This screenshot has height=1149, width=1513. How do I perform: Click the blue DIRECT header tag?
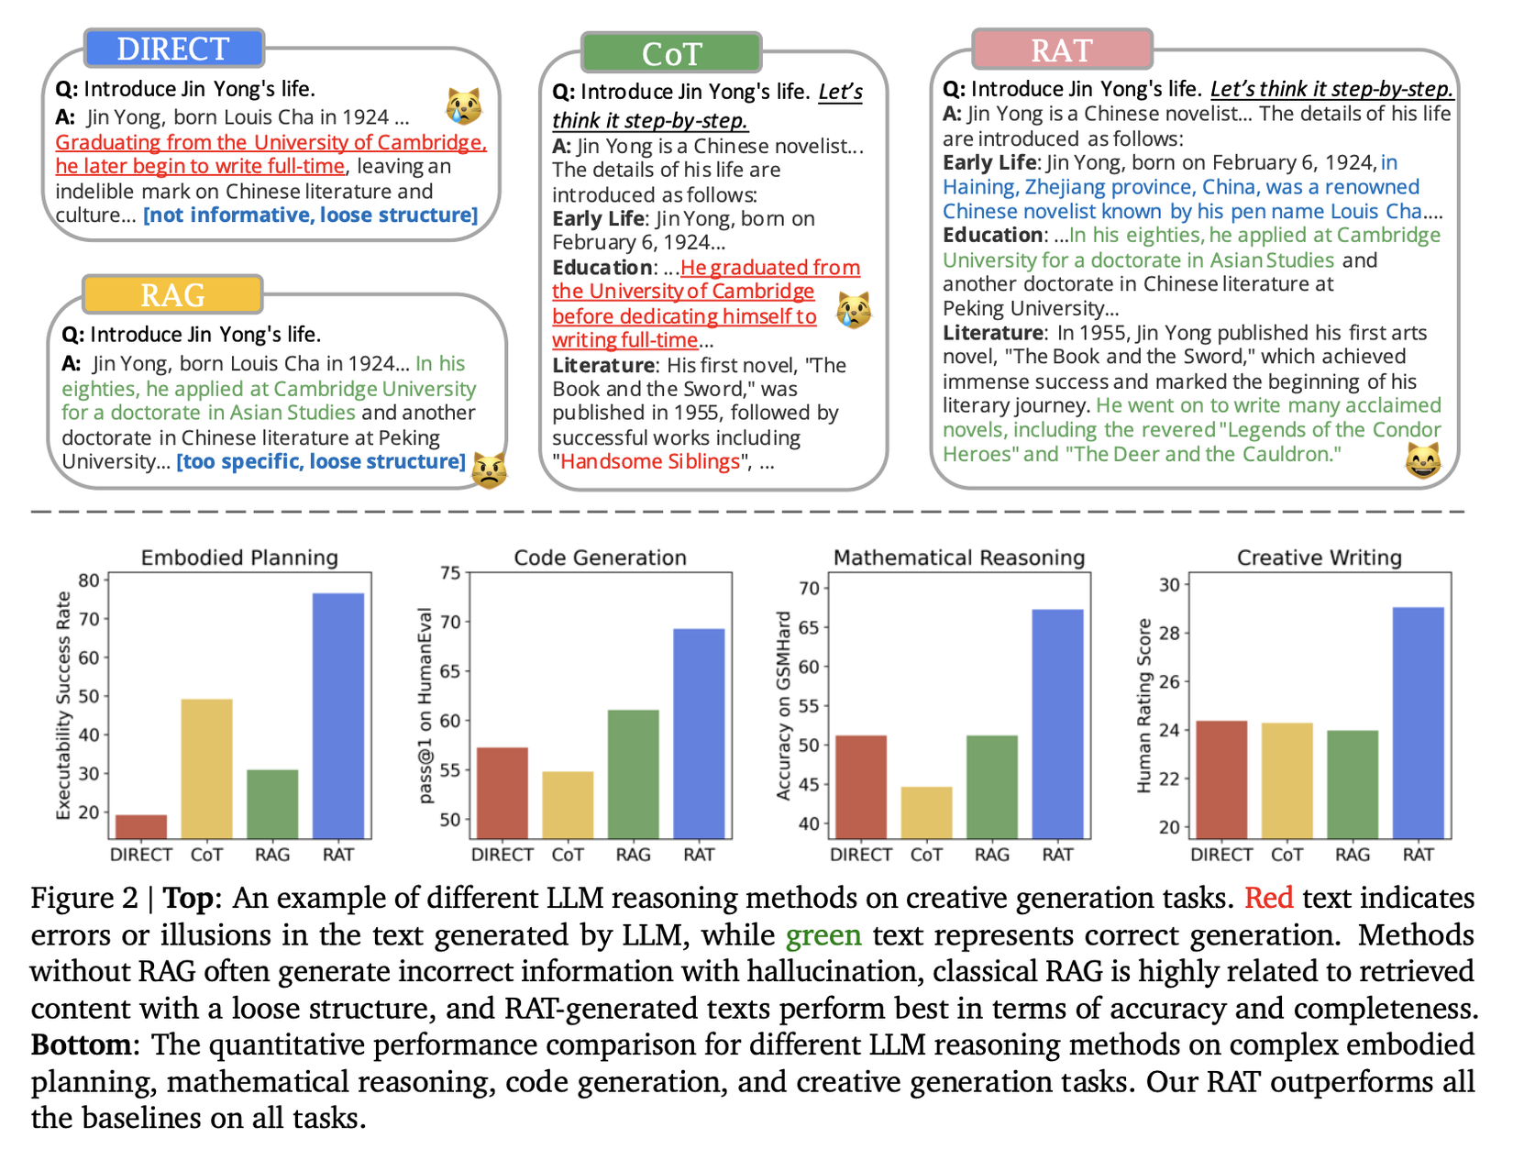[173, 49]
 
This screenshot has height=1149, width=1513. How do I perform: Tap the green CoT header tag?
[671, 53]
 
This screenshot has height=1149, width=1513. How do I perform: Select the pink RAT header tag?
[1061, 50]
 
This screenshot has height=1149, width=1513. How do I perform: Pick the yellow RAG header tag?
[172, 294]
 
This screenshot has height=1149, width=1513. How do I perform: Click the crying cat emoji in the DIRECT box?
[464, 107]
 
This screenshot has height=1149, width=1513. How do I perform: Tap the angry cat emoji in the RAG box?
[489, 470]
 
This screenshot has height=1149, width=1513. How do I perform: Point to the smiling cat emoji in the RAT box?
[1422, 460]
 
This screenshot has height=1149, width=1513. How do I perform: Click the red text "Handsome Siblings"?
[650, 461]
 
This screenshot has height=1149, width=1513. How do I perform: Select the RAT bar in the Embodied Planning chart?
[337, 715]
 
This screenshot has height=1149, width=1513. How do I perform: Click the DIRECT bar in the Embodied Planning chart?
[141, 826]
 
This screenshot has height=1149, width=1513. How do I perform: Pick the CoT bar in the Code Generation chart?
[568, 804]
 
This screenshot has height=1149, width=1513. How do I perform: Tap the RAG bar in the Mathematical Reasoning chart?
[991, 786]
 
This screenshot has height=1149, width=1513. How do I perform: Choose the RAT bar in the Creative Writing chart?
[1418, 722]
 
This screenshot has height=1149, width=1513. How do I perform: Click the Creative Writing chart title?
[1319, 558]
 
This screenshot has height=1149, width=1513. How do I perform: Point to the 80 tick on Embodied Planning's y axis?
[89, 580]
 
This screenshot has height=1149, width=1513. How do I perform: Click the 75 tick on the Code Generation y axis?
[450, 573]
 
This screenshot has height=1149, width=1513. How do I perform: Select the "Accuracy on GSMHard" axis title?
[783, 706]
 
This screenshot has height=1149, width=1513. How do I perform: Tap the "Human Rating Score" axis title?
[1143, 705]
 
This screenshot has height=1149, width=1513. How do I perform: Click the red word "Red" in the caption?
[1268, 898]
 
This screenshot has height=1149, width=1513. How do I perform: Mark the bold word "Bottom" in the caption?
[81, 1044]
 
